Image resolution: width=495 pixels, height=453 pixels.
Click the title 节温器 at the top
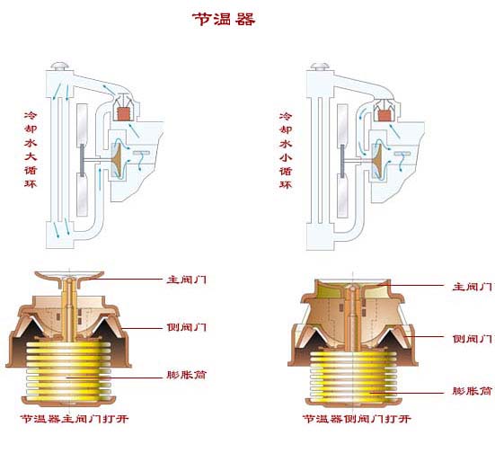224,19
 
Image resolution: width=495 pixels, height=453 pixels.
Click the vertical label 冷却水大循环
31,150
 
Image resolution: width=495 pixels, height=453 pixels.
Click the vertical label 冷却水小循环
286,151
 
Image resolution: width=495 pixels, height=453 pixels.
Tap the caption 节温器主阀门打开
75,419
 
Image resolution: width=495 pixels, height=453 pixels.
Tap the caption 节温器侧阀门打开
357,419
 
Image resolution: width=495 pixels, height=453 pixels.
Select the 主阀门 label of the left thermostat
187,280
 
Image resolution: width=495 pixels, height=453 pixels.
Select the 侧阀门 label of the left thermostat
187,327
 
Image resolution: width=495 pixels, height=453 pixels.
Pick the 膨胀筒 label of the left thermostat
187,375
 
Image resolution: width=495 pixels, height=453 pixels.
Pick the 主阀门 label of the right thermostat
473,287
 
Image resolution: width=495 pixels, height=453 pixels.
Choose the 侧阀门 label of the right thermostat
473,339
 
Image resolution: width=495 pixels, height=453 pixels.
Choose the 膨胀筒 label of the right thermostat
473,391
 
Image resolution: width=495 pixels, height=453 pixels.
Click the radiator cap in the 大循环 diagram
60,66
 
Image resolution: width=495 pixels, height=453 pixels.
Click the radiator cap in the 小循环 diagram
320,67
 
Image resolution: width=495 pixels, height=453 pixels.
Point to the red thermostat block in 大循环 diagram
124,114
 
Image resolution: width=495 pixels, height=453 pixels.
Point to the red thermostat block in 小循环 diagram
385,115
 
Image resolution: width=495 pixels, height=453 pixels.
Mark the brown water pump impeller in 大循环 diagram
119,157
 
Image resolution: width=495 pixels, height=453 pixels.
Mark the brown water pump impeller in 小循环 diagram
378,157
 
